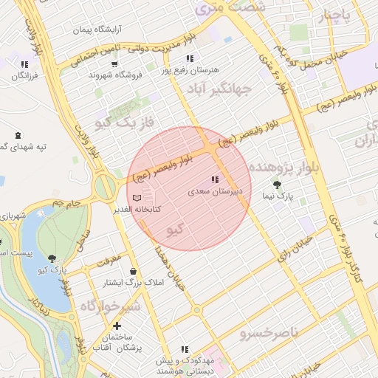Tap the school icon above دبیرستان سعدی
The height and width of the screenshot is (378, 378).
coord(215,179)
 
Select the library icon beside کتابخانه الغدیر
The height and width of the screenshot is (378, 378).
coord(136,198)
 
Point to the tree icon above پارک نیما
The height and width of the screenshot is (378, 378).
coord(277,185)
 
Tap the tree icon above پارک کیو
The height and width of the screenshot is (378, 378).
coord(52,258)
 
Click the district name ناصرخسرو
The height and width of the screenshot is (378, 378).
coord(269,334)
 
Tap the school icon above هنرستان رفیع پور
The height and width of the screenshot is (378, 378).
coord(190,58)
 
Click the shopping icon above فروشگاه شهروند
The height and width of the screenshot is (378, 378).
coord(114,64)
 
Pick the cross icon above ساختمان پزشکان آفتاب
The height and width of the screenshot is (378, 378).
coord(116,326)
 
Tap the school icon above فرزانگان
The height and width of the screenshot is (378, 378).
coord(25,64)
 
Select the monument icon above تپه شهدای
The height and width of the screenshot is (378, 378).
coord(18,135)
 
